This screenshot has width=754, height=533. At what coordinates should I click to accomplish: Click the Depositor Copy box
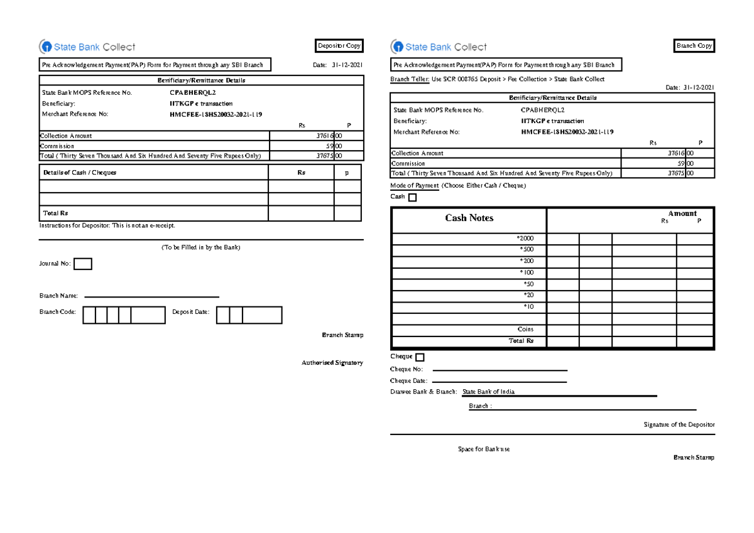coord(339,46)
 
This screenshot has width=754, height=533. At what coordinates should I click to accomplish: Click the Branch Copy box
coord(694,46)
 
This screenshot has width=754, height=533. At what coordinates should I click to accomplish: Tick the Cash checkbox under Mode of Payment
coord(412,198)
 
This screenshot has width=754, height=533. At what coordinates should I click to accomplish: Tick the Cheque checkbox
coord(420,357)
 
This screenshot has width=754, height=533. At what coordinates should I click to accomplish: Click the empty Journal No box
coord(83,264)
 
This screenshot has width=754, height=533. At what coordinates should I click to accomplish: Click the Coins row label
coord(525,329)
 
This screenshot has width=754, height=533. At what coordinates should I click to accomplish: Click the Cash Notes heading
coord(469,218)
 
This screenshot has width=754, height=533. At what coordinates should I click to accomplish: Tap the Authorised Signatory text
coord(332,363)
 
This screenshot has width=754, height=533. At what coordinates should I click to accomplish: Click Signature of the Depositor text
coord(679,425)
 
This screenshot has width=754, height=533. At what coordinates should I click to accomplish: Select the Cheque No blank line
coord(500,370)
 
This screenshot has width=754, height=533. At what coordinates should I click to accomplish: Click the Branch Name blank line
coord(151,296)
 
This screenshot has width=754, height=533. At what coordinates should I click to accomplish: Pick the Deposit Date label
coord(190,312)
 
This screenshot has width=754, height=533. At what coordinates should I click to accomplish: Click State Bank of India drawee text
coord(488,392)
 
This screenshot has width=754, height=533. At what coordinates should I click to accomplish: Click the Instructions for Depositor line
coord(107,225)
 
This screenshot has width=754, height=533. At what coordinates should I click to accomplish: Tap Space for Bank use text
coord(484,450)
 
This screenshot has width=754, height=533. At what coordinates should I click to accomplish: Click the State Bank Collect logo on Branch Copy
coord(439,47)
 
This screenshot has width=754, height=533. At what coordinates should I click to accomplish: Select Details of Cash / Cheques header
coord(79,173)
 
